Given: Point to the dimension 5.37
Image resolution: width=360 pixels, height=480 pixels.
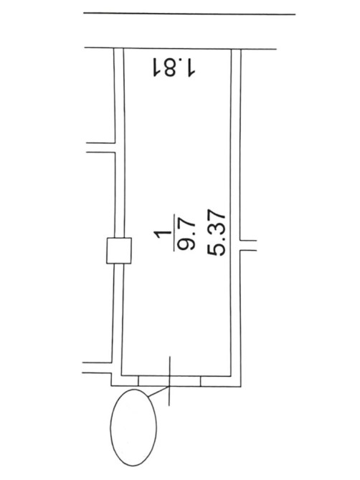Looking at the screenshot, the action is click(x=217, y=233).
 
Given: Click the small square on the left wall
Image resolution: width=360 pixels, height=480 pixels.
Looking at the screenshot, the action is click(x=119, y=251).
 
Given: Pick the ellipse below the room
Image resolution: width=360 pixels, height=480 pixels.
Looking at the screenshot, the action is click(x=133, y=428).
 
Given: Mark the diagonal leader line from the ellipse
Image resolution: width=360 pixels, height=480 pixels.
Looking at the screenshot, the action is click(x=158, y=392).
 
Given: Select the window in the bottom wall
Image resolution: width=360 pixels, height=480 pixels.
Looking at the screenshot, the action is click(x=169, y=381).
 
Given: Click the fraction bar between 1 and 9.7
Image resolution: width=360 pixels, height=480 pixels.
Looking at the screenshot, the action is click(x=174, y=233).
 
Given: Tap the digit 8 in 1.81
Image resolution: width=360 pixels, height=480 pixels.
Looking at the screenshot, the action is click(x=170, y=67).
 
